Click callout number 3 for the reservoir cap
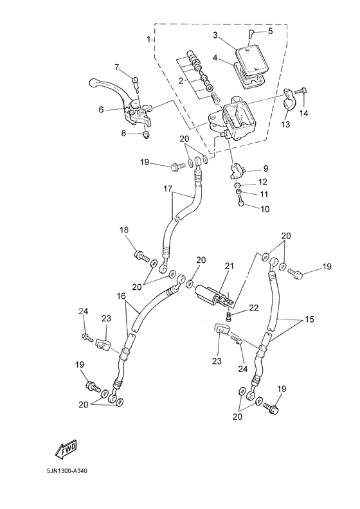[x=216, y=35]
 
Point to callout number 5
[x=270, y=31]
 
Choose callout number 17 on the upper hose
[x=167, y=190]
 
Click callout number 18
[x=124, y=230]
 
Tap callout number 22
[x=253, y=308]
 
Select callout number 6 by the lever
[x=101, y=110]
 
